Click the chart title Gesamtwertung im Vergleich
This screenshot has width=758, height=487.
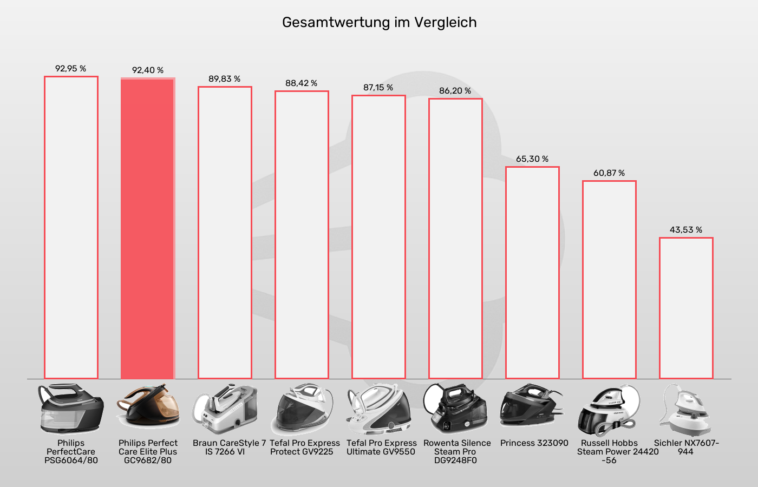pyautogui.click(x=379, y=23)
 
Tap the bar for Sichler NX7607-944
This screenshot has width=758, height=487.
pyautogui.click(x=686, y=308)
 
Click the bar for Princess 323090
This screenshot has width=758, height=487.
pyautogui.click(x=532, y=273)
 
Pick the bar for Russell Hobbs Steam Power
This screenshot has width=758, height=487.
pyautogui.click(x=609, y=280)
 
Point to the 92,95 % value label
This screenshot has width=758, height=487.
pyautogui.click(x=71, y=69)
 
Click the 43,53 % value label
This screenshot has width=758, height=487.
pyautogui.click(x=686, y=230)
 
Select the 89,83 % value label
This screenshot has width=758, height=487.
pyautogui.click(x=225, y=79)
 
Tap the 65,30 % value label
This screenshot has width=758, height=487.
pyautogui.click(x=532, y=159)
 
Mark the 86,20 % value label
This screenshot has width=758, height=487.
pyautogui.click(x=455, y=91)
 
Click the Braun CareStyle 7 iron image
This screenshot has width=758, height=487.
pyautogui.click(x=225, y=410)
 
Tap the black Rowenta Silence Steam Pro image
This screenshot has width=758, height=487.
pyautogui.click(x=455, y=409)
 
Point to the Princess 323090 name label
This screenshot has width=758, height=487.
pyautogui.click(x=534, y=443)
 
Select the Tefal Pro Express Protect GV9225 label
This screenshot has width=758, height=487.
pyautogui.click(x=304, y=447)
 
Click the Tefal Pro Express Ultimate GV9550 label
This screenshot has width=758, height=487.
pyautogui.click(x=381, y=447)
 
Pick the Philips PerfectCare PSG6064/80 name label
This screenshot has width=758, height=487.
pyautogui.click(x=71, y=452)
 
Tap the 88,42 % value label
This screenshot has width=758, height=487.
pyautogui.click(x=302, y=83)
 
